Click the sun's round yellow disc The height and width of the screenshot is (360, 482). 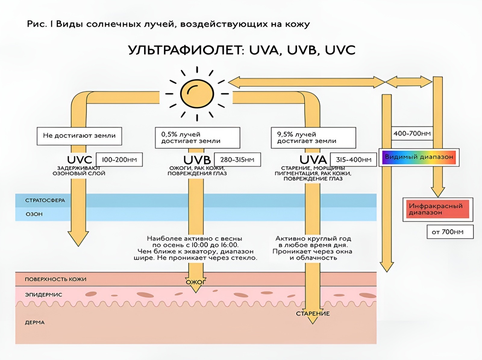[197, 94]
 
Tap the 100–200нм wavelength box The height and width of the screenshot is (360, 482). [119, 159]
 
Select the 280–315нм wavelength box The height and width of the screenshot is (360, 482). [237, 159]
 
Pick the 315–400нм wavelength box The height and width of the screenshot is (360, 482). [353, 159]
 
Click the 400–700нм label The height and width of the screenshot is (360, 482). [412, 133]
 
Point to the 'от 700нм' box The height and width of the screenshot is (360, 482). [450, 232]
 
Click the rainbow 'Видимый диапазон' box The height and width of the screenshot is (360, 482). [419, 157]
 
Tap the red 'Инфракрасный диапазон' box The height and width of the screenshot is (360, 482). [438, 209]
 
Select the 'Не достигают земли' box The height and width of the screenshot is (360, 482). [79, 136]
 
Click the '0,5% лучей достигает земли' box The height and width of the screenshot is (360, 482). [197, 137]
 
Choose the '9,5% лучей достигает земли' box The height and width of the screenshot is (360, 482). [313, 137]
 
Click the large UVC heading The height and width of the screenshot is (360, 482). [80, 160]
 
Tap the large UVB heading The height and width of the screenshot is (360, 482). [197, 160]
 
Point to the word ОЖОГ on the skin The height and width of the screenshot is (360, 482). [196, 282]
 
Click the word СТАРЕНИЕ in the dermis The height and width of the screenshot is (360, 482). [313, 314]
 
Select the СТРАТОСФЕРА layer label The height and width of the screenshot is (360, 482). [45, 201]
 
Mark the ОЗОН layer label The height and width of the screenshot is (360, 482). [34, 214]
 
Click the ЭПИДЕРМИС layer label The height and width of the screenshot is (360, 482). [43, 295]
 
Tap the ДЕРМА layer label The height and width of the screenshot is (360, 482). [35, 322]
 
